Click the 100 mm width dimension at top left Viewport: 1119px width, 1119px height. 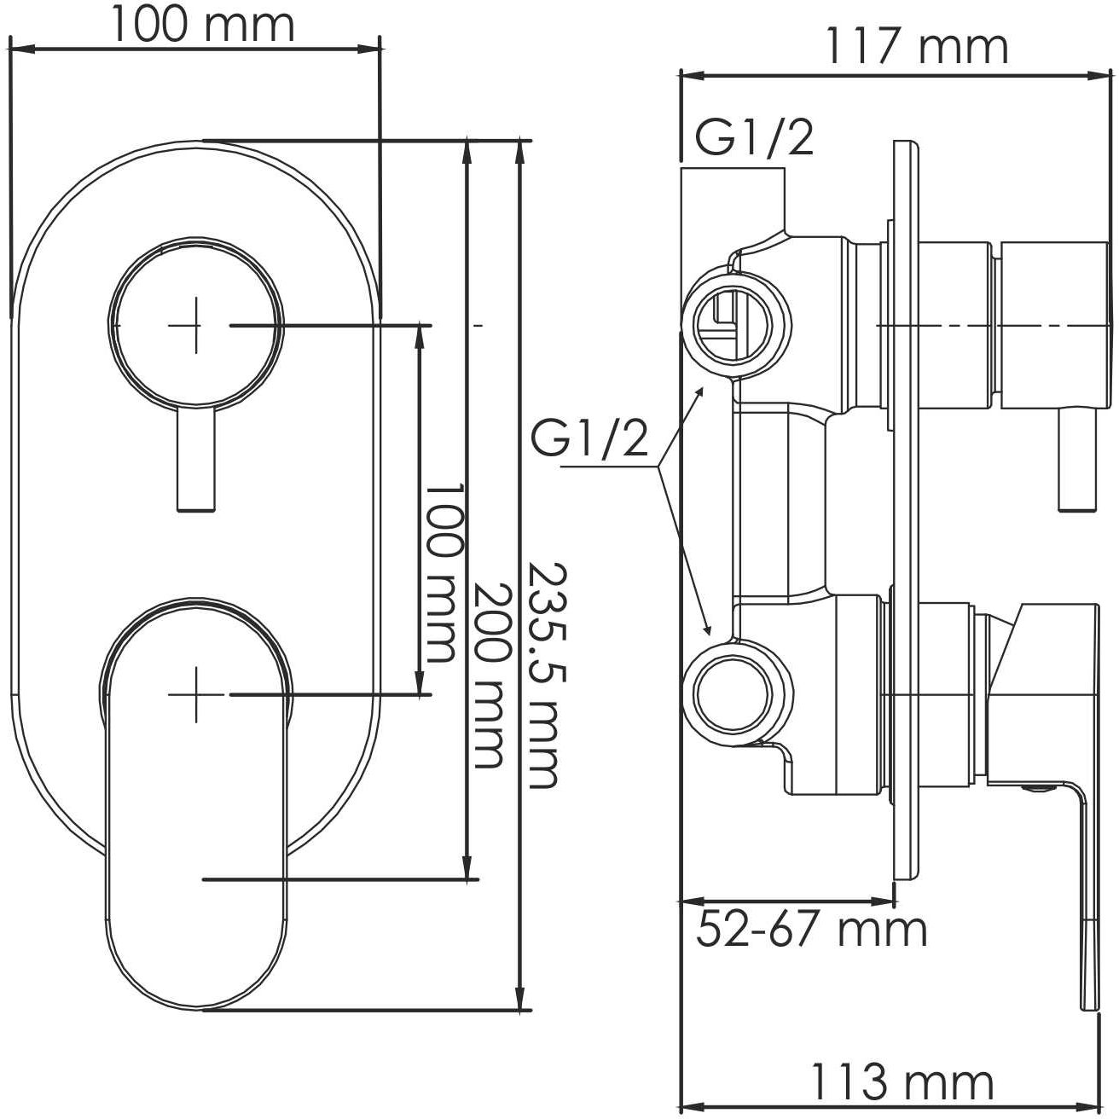click(x=202, y=26)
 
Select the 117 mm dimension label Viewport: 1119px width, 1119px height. click(x=915, y=47)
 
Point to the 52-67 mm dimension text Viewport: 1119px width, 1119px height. click(x=811, y=929)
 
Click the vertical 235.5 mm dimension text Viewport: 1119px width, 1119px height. click(x=542, y=674)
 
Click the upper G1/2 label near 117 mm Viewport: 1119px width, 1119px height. click(x=754, y=138)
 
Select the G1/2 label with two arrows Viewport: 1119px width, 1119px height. click(x=589, y=441)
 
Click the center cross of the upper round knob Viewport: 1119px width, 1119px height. click(x=196, y=325)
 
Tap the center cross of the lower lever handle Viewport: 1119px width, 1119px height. click(x=196, y=695)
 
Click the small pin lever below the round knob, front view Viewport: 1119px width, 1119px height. click(x=195, y=461)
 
